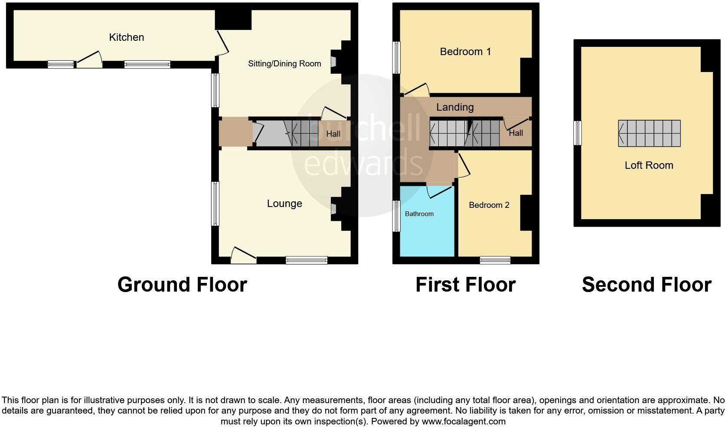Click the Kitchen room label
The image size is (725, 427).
click(126, 37)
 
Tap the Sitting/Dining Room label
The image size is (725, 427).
click(284, 64)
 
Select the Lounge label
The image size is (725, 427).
click(284, 204)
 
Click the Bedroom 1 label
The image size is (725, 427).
click(465, 52)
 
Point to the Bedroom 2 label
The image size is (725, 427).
click(489, 205)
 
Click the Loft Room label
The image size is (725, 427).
click(649, 165)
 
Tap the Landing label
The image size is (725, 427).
click(455, 107)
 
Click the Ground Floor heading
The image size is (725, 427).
click(182, 285)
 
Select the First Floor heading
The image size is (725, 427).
click(465, 285)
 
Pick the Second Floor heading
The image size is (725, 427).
click(646, 285)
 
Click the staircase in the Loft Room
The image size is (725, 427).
click(649, 133)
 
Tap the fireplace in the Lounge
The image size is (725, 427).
click(334, 207)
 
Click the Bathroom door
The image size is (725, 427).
click(439, 190)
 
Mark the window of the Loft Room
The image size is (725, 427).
click(577, 133)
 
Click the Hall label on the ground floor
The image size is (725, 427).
click(333, 134)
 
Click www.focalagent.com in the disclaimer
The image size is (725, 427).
click(464, 421)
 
